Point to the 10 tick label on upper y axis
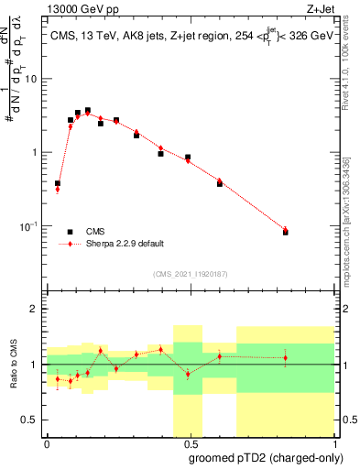[32, 79]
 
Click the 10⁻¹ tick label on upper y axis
[30, 226]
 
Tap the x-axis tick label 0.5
[190, 443]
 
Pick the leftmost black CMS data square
[58, 183]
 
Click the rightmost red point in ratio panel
[285, 357]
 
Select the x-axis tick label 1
[333, 443]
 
